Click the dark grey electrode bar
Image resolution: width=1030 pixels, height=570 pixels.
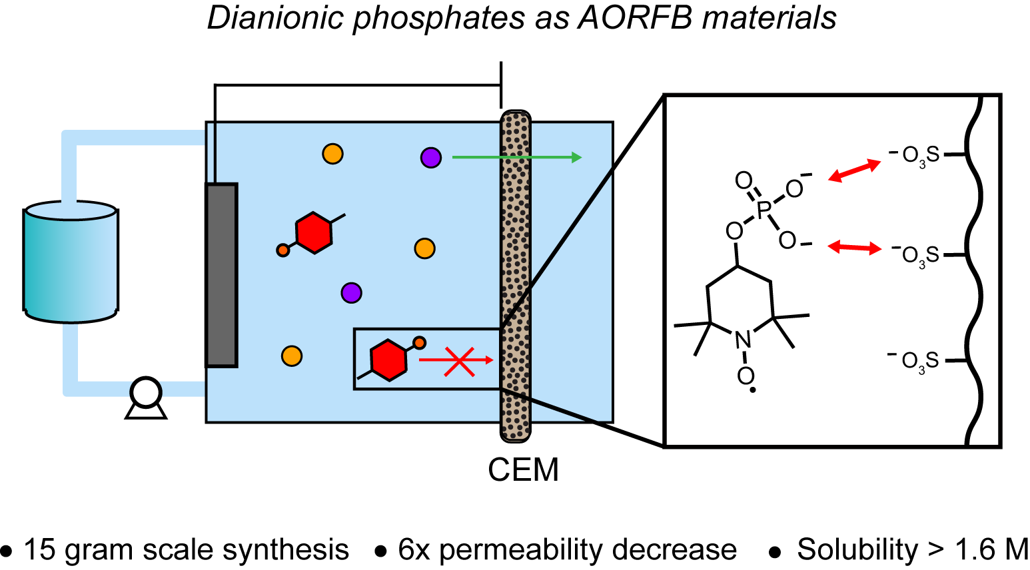[x=221, y=274]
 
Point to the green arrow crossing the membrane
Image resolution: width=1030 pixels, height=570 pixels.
[x=516, y=157]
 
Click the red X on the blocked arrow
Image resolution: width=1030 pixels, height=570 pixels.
[x=459, y=361]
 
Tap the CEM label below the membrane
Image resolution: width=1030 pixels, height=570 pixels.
[x=523, y=470]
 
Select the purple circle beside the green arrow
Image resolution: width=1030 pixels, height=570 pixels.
[x=431, y=158]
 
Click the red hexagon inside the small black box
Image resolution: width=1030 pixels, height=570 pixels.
[x=388, y=360]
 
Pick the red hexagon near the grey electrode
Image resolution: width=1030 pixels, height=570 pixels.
[x=314, y=232]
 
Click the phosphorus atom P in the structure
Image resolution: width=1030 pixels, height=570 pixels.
[x=764, y=211]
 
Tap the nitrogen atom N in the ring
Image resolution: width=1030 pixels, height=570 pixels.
[x=743, y=340]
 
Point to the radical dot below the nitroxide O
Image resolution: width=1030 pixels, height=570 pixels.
[x=752, y=390]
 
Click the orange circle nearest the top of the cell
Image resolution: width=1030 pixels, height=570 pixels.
[x=332, y=154]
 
